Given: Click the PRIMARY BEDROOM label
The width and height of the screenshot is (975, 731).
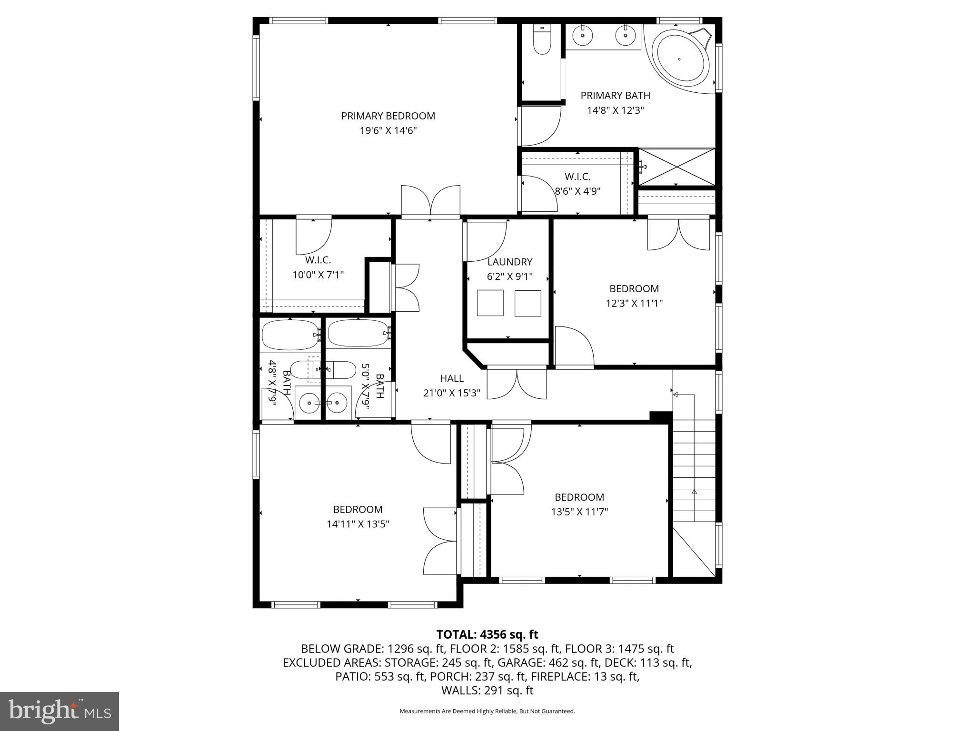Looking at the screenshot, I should coord(388,116).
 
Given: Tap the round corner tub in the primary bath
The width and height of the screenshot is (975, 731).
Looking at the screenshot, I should coord(679,59).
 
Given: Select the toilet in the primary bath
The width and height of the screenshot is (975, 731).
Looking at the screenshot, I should coord(542,40).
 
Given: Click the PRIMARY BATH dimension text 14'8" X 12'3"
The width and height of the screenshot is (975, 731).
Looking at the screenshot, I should coord(615,110).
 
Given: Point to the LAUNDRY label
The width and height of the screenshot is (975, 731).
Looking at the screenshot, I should coord(509,262).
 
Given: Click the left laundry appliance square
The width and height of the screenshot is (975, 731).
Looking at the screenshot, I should coord(490,303).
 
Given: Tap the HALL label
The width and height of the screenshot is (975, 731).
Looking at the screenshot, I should coord(451,378).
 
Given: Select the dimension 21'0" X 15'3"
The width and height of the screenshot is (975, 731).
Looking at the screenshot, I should coord(451,393).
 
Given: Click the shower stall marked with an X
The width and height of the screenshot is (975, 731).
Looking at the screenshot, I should coord(677,167).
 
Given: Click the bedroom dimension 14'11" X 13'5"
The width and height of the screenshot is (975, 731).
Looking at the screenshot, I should coord(358,524).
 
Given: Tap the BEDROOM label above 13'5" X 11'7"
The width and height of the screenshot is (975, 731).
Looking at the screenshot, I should coord(579,497).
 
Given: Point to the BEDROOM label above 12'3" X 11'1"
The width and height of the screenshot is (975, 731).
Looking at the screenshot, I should coord(634,288).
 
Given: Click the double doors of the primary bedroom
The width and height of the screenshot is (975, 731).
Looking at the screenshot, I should coord(430,201).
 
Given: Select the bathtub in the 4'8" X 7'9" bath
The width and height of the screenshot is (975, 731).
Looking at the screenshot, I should coord(290,334).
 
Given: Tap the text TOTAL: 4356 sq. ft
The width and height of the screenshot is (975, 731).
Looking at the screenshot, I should coord(487,634).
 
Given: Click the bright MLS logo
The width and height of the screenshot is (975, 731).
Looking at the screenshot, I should coord(60,711).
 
